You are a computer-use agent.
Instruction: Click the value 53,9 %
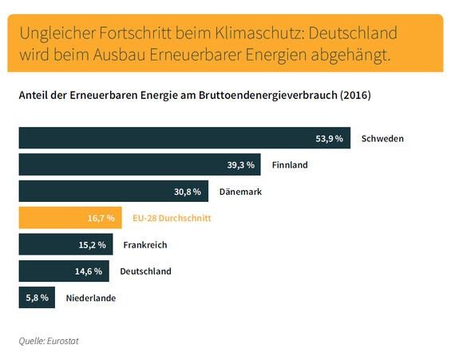tap(329, 139)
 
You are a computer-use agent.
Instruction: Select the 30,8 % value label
tap(189, 192)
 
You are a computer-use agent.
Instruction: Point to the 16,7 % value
tap(102, 218)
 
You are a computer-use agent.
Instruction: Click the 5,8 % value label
tap(37, 298)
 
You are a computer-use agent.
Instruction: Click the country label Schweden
tap(382, 139)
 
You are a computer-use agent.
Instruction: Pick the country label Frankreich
tap(144, 244)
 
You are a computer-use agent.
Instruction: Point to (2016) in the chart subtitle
tap(355, 95)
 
